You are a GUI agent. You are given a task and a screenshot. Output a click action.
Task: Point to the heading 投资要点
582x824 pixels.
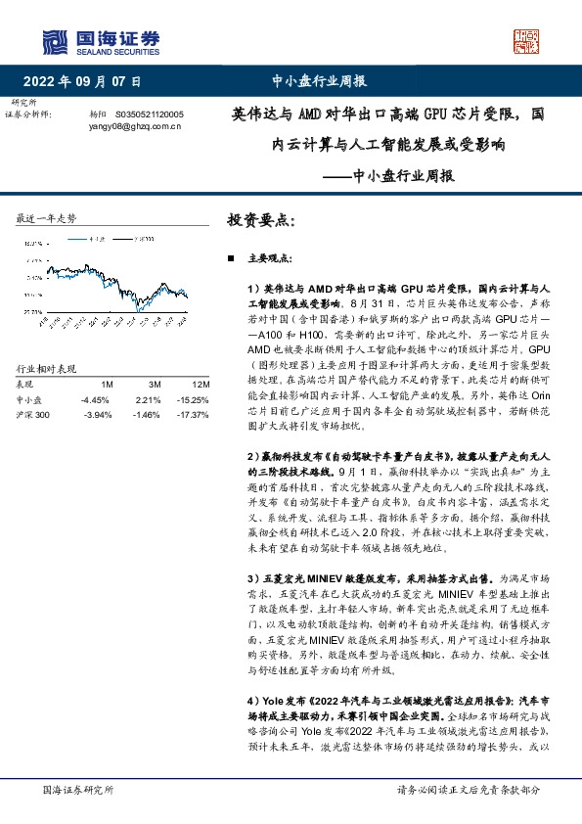[259, 221]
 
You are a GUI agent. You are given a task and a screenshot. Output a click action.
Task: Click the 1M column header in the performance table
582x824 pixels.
[107, 385]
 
